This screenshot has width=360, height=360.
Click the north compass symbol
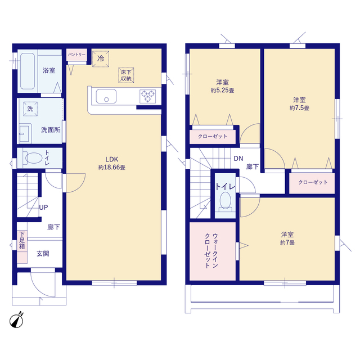pyautogui.click(x=16, y=320)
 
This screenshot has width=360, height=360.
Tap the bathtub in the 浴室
pyautogui.click(x=28, y=71)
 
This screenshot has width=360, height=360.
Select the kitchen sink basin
pyautogui.click(x=106, y=96)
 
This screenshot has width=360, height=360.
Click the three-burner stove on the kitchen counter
pyautogui.click(x=147, y=96)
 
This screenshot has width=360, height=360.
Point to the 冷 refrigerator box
pyautogui.click(x=101, y=58)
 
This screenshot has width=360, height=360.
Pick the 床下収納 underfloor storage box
pyautogui.click(x=126, y=75)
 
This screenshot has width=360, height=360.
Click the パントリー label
pyautogui.click(x=76, y=55)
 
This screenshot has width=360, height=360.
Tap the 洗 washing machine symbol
pyautogui.click(x=30, y=109)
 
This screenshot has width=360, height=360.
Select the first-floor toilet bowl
pyautogui.click(x=33, y=158)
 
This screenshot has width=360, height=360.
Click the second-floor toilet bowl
pyautogui.click(x=225, y=201)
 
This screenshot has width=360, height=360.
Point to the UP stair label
pyautogui.click(x=43, y=208)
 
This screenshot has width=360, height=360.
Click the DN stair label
pyautogui.click(x=238, y=159)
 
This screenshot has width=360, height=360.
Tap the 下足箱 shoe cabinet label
pyautogui.click(x=22, y=240)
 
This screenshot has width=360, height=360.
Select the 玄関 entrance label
pyautogui.click(x=43, y=254)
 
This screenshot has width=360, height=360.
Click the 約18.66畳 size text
pyautogui.click(x=112, y=168)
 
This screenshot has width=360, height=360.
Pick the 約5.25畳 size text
pyautogui.click(x=223, y=90)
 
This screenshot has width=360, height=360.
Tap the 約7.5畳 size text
pyautogui.click(x=299, y=108)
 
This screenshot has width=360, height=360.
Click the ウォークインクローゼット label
pyautogui.click(x=211, y=251)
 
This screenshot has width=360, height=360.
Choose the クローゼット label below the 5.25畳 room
pyautogui.click(x=213, y=136)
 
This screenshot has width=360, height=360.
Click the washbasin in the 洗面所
pyautogui.click(x=24, y=133)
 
